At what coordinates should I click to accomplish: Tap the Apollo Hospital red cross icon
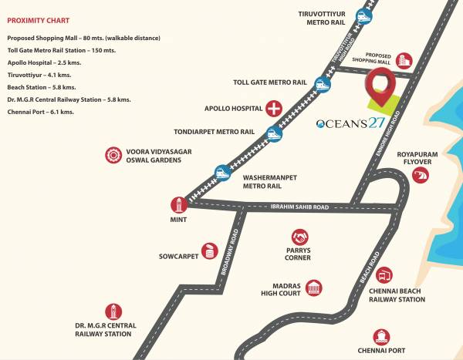click(x=273, y=108)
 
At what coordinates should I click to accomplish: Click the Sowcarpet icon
click(x=209, y=251)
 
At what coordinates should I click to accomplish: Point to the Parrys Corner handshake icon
click(x=300, y=237)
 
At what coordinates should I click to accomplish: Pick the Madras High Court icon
click(x=314, y=289)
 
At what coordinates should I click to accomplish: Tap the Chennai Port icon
click(x=380, y=337)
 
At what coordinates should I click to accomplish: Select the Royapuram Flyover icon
click(x=421, y=176)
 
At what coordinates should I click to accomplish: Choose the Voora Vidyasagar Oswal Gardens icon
click(x=114, y=155)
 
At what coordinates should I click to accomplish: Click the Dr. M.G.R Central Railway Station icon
click(x=113, y=311)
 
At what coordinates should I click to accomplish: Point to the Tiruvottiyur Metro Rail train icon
click(x=363, y=15)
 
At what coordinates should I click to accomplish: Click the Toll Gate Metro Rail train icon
click(x=323, y=82)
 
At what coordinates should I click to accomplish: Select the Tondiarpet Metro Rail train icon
click(x=274, y=132)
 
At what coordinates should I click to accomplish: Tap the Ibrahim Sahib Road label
click(x=299, y=207)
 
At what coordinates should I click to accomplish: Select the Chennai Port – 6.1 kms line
click(x=40, y=112)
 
